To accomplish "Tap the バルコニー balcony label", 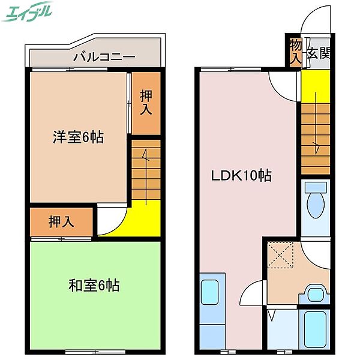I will point(96,58).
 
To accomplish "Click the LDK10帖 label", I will point(240,176).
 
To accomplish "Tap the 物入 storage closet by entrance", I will point(295,52).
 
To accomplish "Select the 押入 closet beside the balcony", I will point(146,103).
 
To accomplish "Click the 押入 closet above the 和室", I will point(61,221).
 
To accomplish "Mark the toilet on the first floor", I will point(314,204).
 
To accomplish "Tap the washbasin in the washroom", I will point(314,294).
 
